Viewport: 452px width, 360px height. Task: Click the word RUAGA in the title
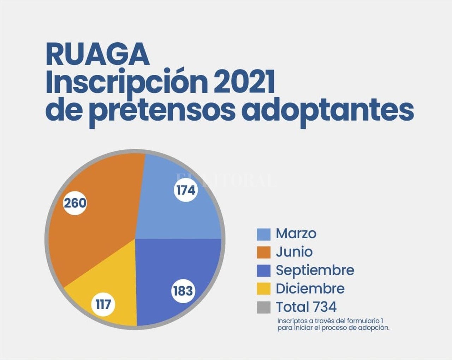[x=97, y=54]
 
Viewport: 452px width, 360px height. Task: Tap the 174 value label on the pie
[x=186, y=191]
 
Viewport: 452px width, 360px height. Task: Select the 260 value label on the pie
[x=75, y=203]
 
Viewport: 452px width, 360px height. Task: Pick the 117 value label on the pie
[x=103, y=305]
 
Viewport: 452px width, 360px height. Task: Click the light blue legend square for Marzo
[x=263, y=234]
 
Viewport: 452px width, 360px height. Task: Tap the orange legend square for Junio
[x=263, y=252]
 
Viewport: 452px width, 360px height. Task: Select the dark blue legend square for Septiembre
[x=263, y=271]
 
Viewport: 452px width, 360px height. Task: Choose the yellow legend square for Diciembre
[x=263, y=289]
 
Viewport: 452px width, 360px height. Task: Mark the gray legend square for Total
[x=263, y=307]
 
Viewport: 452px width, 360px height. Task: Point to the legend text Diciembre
[x=310, y=289]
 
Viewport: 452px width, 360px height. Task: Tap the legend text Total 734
[x=306, y=307]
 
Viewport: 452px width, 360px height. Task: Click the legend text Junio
[x=294, y=252]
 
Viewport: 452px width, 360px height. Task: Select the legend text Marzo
[x=296, y=233]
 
